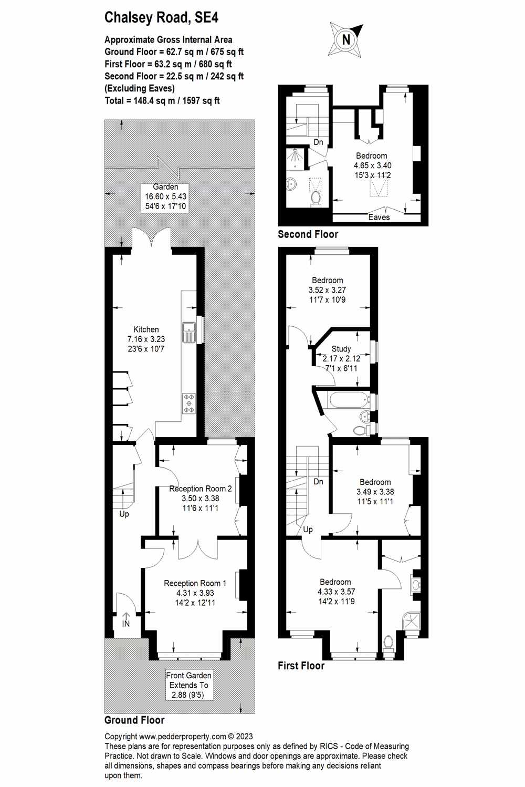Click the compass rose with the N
(x=346, y=39)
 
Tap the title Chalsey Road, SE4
(x=161, y=18)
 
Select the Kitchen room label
(x=146, y=339)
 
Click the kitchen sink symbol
(x=188, y=330)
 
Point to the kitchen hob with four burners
(x=188, y=403)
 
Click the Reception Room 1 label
(x=195, y=593)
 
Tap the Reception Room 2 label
(x=200, y=498)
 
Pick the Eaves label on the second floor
(x=379, y=217)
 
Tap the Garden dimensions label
(x=165, y=196)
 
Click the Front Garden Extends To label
(x=188, y=685)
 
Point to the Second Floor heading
(x=308, y=234)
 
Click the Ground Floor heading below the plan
(x=134, y=720)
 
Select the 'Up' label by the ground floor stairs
(x=124, y=514)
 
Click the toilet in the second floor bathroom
(x=316, y=198)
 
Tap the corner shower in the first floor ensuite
(x=413, y=620)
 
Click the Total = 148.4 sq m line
(x=162, y=100)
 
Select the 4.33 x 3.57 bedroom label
(x=335, y=592)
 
